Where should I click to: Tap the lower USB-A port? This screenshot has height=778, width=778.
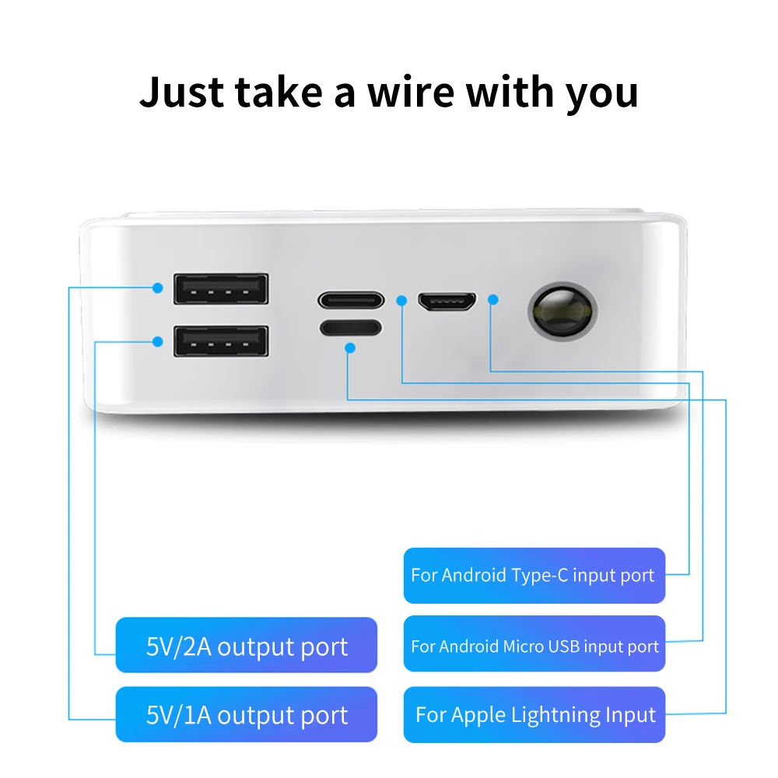coord(221,342)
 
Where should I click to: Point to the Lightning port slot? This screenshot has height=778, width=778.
coord(350,328)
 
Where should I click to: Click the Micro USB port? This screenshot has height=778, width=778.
coord(447,301)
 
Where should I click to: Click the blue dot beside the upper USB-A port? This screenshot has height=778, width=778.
coord(158,288)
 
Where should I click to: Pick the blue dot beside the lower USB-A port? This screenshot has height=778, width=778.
coord(158,341)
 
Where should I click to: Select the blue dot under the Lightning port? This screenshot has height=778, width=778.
coord(350,349)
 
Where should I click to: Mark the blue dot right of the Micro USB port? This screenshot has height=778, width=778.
coord(492,299)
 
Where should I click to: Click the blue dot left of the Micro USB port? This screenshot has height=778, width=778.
coord(401,299)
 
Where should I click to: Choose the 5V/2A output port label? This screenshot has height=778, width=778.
coord(247,646)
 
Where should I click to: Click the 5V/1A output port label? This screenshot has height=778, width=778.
coord(247,714)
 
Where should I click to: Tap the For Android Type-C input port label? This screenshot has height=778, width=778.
coord(534,576)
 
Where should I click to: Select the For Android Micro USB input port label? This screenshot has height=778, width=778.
coord(534,645)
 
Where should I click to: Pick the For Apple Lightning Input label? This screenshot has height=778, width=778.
coord(535,714)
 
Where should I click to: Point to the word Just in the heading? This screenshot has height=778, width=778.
coord(183,93)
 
